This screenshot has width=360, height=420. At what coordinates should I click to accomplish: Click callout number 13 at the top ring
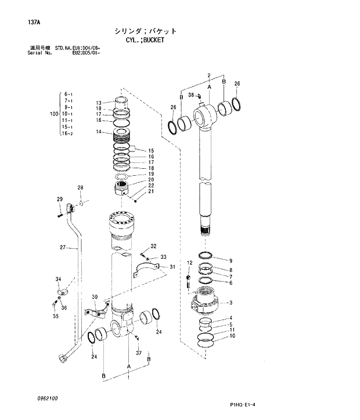click(99, 103)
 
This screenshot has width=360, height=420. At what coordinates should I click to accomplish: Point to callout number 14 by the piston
click(99, 132)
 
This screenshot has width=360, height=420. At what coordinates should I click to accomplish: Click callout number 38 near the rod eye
click(191, 95)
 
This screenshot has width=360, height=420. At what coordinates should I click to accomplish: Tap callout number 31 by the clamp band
click(172, 267)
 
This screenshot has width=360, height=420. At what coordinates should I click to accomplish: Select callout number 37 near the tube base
click(139, 353)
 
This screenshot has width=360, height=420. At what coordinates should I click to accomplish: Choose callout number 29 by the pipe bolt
click(59, 200)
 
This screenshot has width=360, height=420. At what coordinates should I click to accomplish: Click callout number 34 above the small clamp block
click(59, 280)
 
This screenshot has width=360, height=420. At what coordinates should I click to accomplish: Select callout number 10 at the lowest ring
click(232, 336)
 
